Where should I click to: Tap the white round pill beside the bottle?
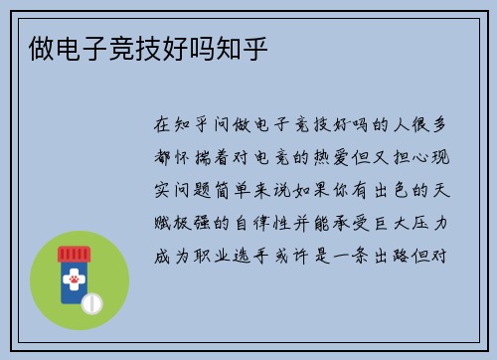tap(92, 300)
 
